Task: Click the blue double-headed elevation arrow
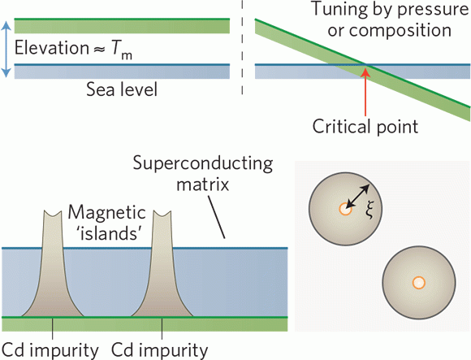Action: pos(7,48)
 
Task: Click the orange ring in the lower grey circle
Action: pos(417,283)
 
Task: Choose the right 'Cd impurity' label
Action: pos(161,350)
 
